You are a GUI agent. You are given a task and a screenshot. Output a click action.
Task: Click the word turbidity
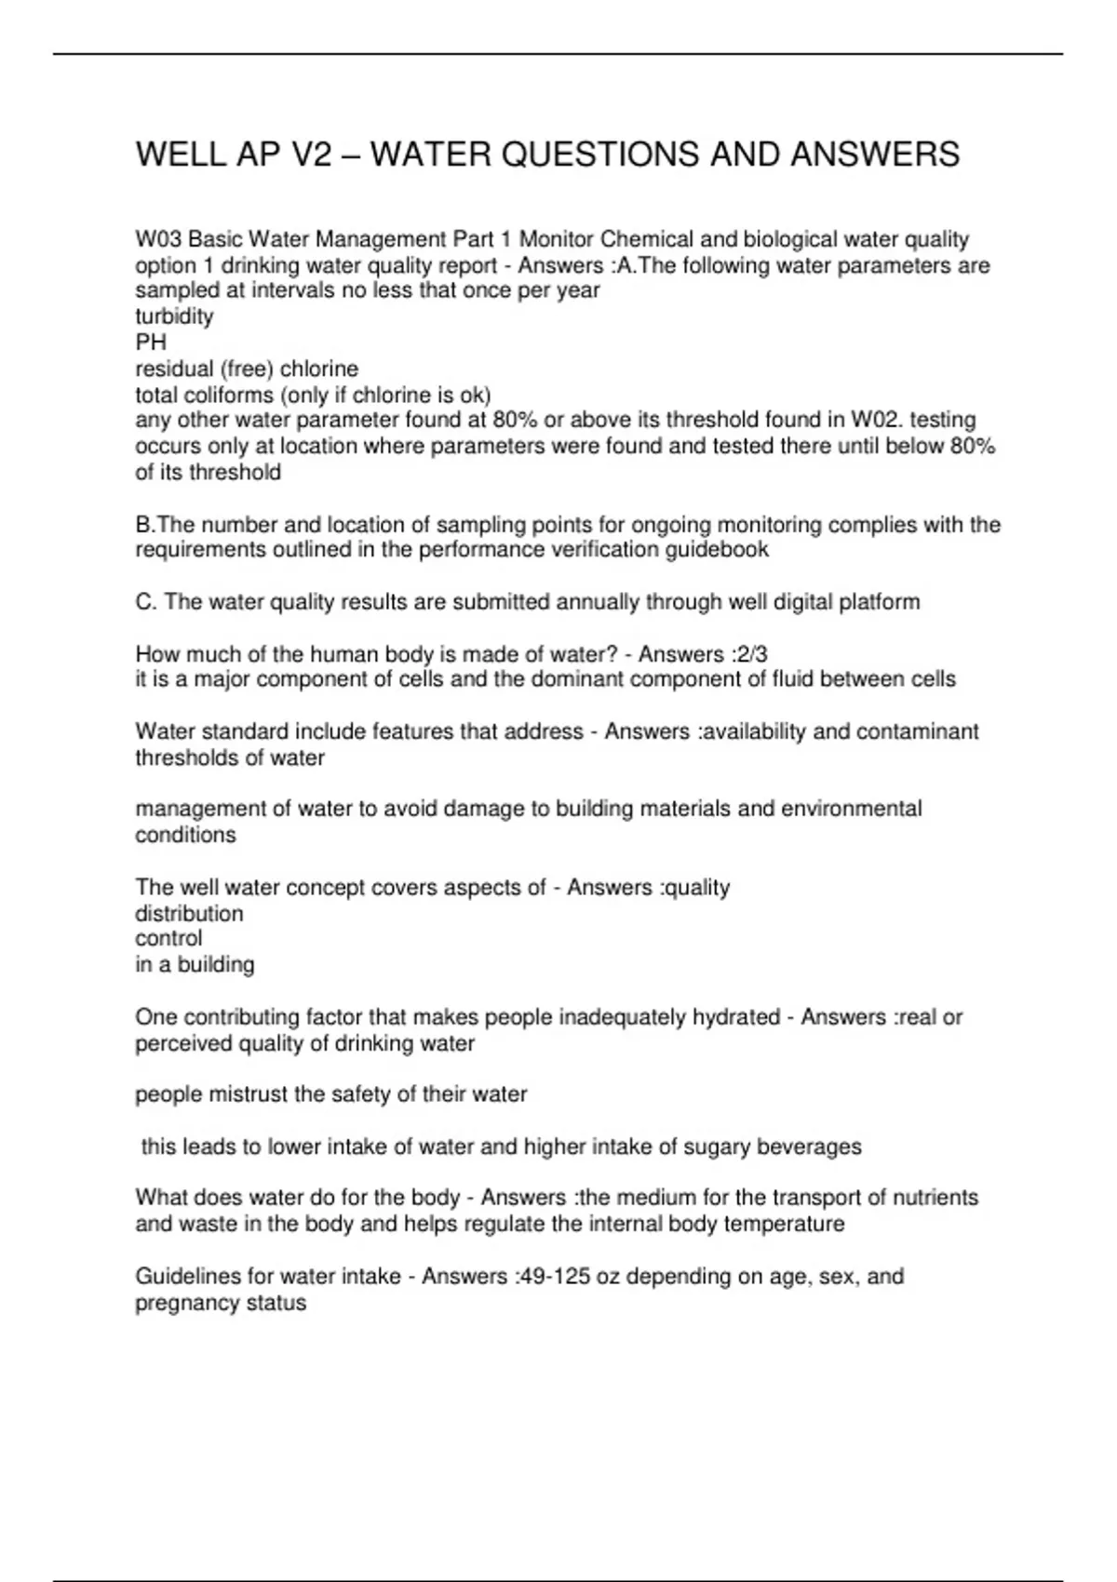174,316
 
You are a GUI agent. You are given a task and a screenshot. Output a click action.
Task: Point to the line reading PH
151,342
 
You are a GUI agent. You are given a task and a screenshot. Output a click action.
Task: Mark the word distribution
189,914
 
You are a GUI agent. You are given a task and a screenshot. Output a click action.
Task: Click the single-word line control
168,938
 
